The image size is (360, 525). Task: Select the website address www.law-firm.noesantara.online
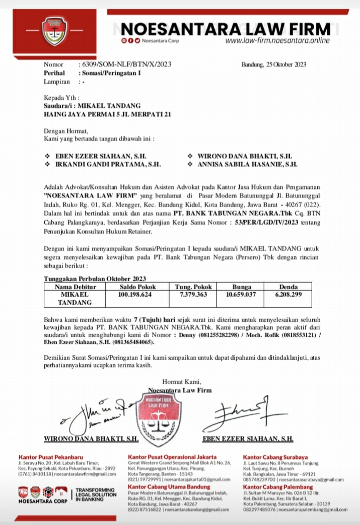pos(277,41)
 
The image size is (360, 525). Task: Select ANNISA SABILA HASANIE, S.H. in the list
pos(246,164)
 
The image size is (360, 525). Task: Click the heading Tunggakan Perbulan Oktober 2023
pos(95,279)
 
